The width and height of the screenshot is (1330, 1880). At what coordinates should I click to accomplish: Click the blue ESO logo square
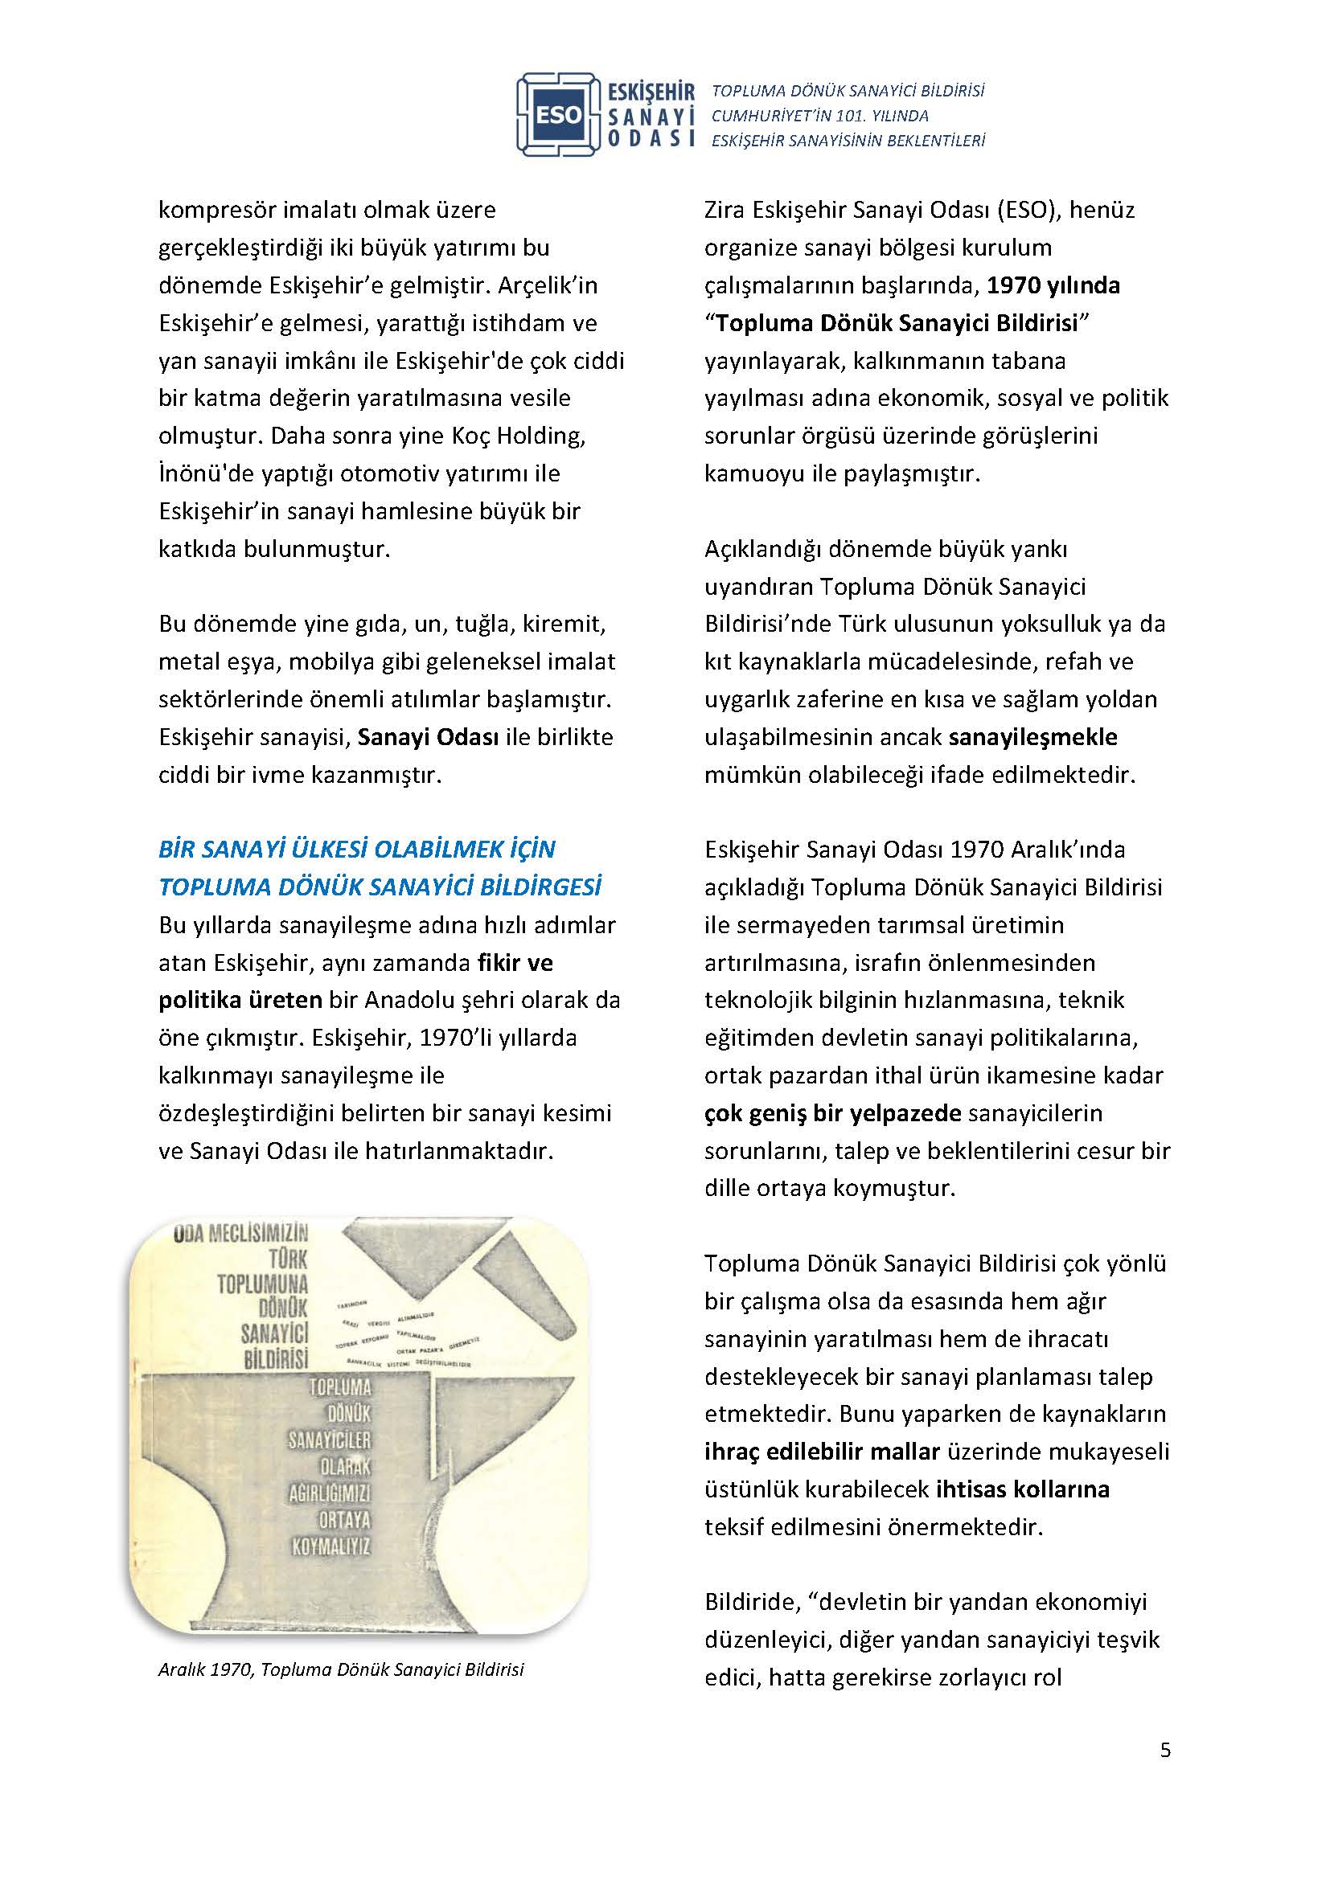point(559,116)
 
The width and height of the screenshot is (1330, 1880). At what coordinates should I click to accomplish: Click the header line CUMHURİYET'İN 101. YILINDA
point(819,117)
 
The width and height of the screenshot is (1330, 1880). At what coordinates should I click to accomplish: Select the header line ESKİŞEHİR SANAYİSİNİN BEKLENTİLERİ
point(848,141)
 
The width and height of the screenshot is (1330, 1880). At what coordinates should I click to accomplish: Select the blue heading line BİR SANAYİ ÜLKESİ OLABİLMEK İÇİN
point(357,849)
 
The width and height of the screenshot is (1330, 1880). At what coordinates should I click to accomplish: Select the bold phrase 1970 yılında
point(1053,286)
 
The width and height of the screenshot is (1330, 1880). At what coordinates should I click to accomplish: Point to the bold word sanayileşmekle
point(1032,738)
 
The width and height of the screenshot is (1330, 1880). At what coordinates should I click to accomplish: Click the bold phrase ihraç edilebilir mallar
point(822,1452)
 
